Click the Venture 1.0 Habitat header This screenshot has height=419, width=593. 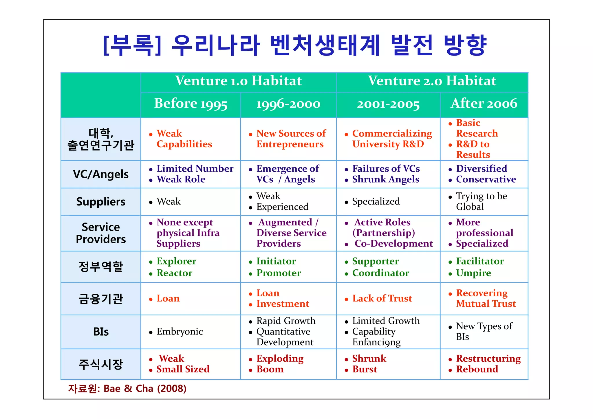click(x=238, y=81)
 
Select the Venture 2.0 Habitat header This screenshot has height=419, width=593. click(x=432, y=81)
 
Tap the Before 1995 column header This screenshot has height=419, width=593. click(x=191, y=104)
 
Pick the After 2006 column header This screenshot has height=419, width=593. click(x=484, y=104)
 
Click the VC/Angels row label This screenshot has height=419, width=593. click(x=100, y=174)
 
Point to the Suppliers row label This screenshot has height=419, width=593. click(x=100, y=201)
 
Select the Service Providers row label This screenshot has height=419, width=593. click(x=100, y=233)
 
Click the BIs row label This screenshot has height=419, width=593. click(x=100, y=332)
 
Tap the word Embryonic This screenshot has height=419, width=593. click(x=180, y=332)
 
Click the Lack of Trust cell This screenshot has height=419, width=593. click(x=382, y=298)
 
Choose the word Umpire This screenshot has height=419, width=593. click(x=473, y=273)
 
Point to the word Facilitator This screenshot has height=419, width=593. click(x=480, y=261)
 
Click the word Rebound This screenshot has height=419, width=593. click(x=477, y=369)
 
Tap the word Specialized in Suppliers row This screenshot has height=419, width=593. click(x=376, y=201)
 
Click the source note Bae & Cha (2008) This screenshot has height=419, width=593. click(x=127, y=388)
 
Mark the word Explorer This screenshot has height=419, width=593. click(x=176, y=261)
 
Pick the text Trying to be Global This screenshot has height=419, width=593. click(x=481, y=201)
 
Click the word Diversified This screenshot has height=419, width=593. click(x=482, y=169)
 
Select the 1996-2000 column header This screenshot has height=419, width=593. click(x=288, y=104)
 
